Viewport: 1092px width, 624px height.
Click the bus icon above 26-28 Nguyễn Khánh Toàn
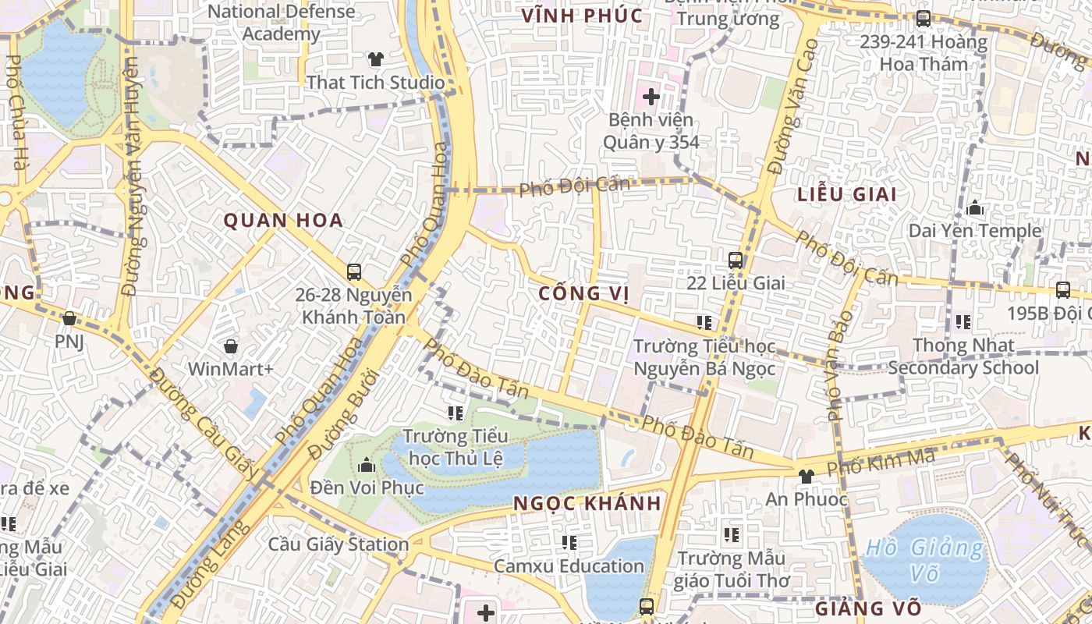pyautogui.click(x=354, y=272)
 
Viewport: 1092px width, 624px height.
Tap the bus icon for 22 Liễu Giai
pyautogui.click(x=735, y=261)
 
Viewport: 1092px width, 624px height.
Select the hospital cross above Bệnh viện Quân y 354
pyautogui.click(x=651, y=97)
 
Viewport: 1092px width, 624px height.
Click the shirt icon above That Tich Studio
pyautogui.click(x=376, y=59)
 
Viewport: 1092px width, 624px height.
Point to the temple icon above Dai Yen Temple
pyautogui.click(x=974, y=208)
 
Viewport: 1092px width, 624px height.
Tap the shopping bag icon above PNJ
pyautogui.click(x=69, y=318)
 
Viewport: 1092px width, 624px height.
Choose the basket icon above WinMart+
pyautogui.click(x=231, y=346)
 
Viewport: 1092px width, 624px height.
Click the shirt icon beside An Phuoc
pyautogui.click(x=806, y=476)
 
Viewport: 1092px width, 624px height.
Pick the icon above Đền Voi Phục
pyautogui.click(x=366, y=466)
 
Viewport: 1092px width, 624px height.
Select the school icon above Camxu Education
pyautogui.click(x=569, y=542)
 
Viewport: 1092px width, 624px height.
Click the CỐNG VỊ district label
pyautogui.click(x=584, y=293)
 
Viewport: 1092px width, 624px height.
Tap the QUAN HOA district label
pyautogui.click(x=284, y=221)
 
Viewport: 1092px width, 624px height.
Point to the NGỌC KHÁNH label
pyautogui.click(x=587, y=503)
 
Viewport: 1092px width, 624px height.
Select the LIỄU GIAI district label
pyautogui.click(x=847, y=195)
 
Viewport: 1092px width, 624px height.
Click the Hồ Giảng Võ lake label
pyautogui.click(x=925, y=559)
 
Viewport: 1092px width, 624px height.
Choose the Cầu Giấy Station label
pyautogui.click(x=339, y=544)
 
